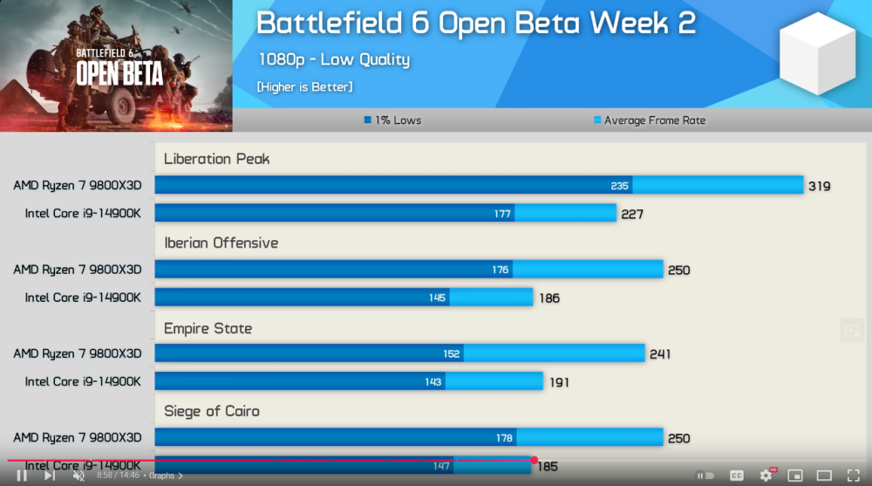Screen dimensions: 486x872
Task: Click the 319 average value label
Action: [819, 186]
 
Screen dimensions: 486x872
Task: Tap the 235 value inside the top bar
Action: [620, 186]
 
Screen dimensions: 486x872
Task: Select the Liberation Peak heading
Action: [217, 159]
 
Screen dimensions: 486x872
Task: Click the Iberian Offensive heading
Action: [221, 243]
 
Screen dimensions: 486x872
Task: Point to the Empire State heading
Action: [208, 328]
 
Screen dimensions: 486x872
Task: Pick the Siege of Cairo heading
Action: [212, 411]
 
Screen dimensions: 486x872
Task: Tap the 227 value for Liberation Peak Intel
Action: [631, 214]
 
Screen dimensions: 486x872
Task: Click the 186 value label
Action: [548, 298]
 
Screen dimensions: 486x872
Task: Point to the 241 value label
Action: [659, 354]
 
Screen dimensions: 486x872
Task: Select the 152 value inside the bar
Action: [452, 354]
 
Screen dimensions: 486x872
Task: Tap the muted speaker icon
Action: [78, 476]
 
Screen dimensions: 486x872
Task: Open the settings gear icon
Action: [766, 476]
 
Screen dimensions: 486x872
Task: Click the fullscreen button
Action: [853, 476]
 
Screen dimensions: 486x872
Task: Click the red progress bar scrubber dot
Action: [534, 460]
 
